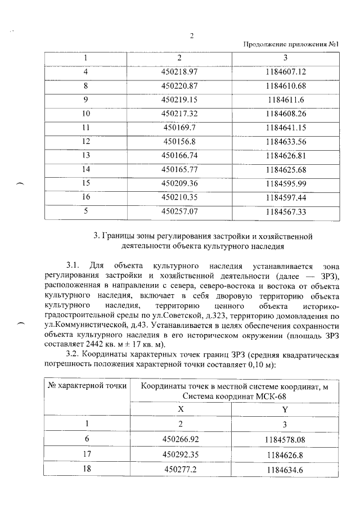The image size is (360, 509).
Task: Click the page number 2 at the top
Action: pyautogui.click(x=192, y=37)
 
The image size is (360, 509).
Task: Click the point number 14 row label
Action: pyautogui.click(x=86, y=169)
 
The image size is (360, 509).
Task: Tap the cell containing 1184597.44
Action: pyautogui.click(x=285, y=197)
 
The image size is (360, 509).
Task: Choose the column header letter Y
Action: pyautogui.click(x=285, y=410)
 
